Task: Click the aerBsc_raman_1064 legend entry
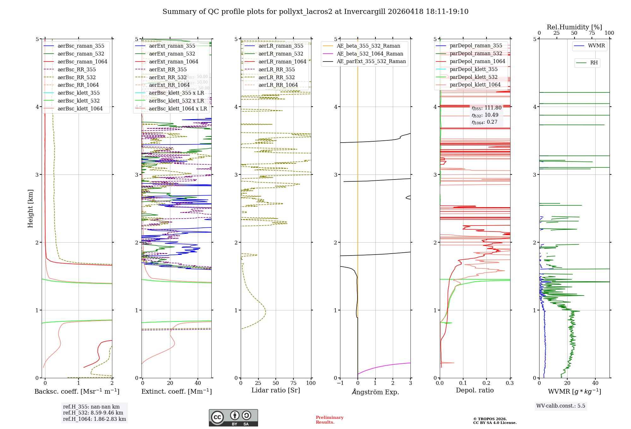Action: click(x=82, y=62)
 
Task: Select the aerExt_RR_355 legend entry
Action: click(x=168, y=70)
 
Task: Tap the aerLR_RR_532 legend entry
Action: click(x=276, y=78)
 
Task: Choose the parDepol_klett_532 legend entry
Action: click(x=473, y=77)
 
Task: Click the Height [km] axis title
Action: click(x=30, y=209)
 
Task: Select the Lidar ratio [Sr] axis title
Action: click(x=275, y=391)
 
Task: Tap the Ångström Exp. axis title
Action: click(x=375, y=392)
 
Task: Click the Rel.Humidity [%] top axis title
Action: click(x=574, y=27)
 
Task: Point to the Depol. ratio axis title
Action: click(x=475, y=391)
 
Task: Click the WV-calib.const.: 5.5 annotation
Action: click(x=561, y=406)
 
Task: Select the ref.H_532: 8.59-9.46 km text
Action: click(x=93, y=413)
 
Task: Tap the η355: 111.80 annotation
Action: click(x=486, y=108)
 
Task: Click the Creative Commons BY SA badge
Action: click(x=233, y=418)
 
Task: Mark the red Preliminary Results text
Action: click(x=329, y=420)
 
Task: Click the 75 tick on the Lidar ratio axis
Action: click(x=294, y=383)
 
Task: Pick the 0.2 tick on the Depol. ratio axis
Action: click(x=487, y=383)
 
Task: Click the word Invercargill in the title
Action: click(x=365, y=12)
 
